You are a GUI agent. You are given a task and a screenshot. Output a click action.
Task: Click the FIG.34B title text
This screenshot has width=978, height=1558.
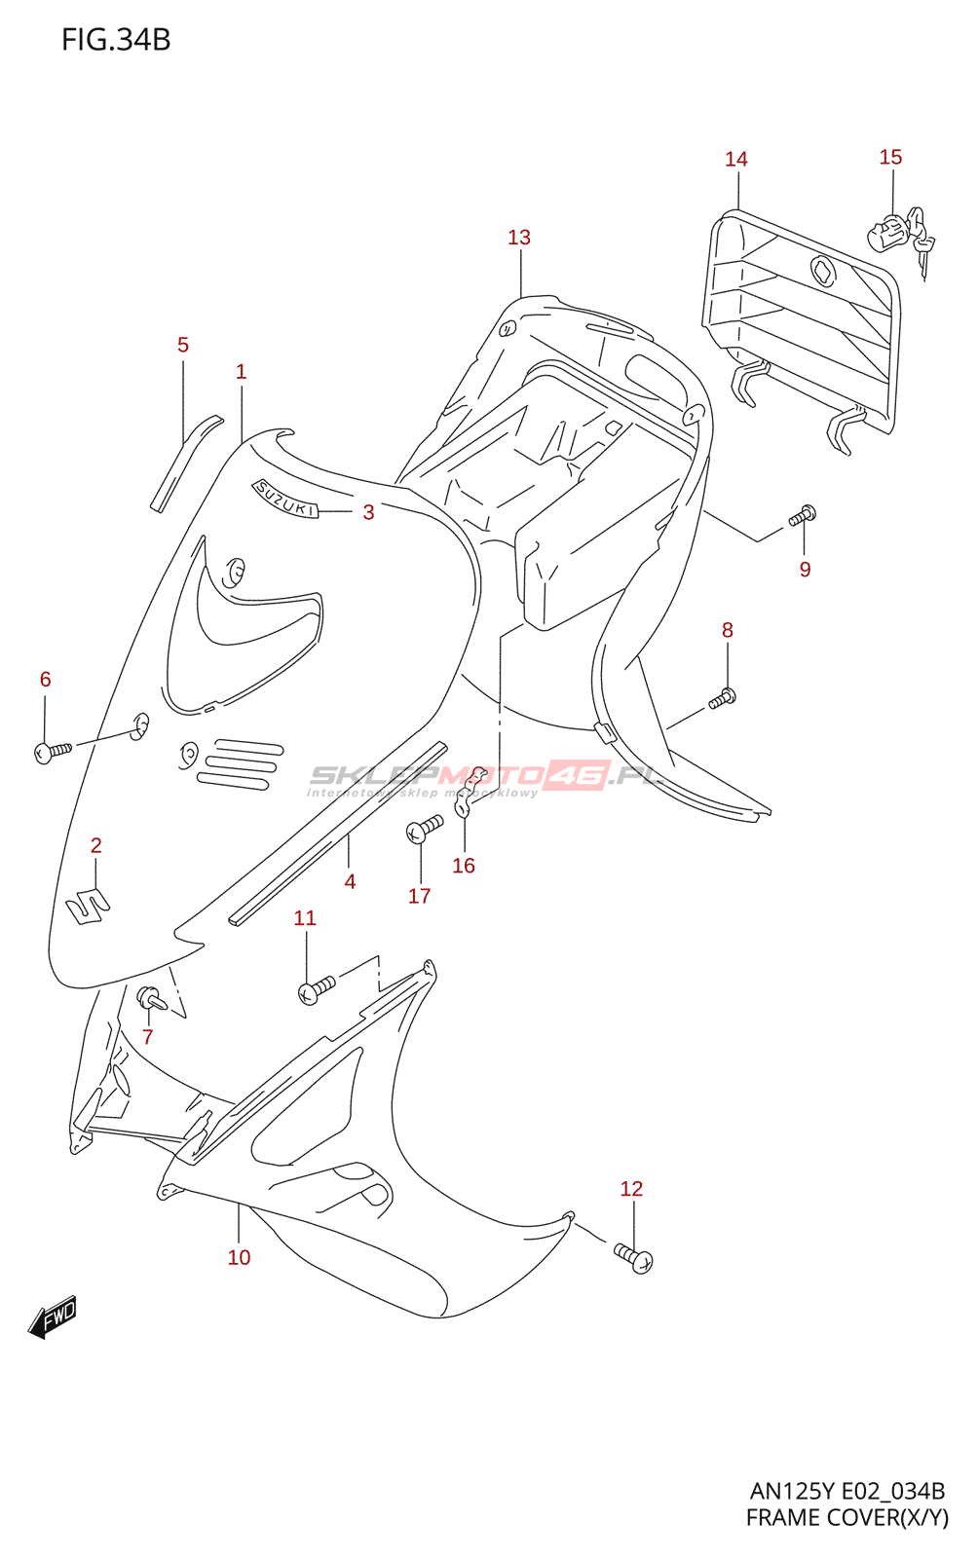(x=116, y=40)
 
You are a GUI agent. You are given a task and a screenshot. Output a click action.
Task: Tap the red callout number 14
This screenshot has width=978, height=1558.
(x=735, y=160)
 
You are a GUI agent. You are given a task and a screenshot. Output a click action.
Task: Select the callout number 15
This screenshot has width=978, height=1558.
(x=890, y=157)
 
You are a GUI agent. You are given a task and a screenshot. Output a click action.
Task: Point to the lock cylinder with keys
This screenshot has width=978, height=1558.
(x=901, y=237)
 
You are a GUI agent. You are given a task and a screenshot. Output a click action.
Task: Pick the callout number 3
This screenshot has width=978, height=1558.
(x=368, y=512)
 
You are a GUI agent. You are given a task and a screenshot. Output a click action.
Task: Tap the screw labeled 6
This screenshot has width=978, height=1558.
(x=53, y=752)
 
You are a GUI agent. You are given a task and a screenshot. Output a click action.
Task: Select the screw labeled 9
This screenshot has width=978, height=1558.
(x=802, y=516)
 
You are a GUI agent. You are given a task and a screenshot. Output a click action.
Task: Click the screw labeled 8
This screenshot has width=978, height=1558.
(x=723, y=697)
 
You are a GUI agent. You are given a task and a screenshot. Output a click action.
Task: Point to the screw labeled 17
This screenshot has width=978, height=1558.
(x=425, y=829)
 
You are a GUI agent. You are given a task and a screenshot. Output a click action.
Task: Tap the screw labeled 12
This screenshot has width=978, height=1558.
(x=634, y=1255)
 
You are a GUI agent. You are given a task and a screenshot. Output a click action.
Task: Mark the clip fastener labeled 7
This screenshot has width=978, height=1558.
(x=152, y=999)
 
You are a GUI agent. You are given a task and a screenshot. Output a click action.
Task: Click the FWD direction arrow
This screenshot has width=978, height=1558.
(x=53, y=1317)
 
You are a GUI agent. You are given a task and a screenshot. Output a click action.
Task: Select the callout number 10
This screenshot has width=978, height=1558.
(x=239, y=1257)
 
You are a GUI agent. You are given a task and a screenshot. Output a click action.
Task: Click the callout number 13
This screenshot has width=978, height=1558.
(x=519, y=238)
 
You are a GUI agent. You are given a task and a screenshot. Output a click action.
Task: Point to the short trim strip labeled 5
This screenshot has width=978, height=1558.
(x=186, y=464)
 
